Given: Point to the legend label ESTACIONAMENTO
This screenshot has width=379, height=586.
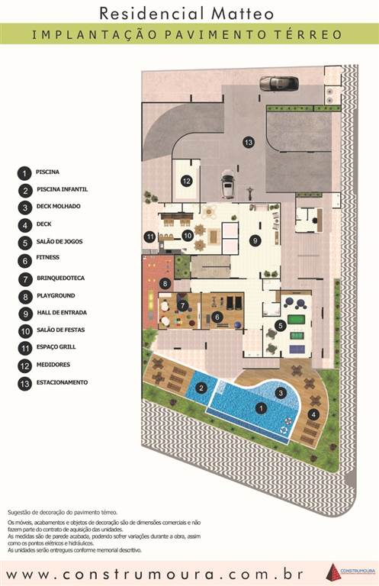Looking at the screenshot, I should tap(62, 382).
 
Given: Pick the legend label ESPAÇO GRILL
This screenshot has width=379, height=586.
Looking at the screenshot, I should tap(56, 348).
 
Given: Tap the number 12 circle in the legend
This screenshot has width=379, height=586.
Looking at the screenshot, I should tap(25, 366).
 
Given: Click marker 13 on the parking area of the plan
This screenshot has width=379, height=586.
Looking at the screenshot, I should tap(248, 142).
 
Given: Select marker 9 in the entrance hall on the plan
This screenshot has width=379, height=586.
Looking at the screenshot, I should tap(255, 240).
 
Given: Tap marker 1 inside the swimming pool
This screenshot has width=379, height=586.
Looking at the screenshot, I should tap(261, 408).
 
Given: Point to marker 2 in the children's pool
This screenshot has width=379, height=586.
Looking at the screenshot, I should tap(201, 388).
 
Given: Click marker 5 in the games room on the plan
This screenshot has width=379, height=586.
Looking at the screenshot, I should tap(281, 325).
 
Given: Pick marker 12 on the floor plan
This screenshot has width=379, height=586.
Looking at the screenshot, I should tap(186, 181).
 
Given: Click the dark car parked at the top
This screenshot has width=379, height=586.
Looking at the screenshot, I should tap(275, 83).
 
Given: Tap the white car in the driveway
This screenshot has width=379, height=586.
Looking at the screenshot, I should tap(227, 185).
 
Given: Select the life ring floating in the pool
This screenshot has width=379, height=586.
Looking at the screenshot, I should tap(287, 420).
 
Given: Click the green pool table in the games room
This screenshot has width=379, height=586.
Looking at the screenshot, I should tap(297, 318).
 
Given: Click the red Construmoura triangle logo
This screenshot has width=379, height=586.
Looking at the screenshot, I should tap(332, 572).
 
